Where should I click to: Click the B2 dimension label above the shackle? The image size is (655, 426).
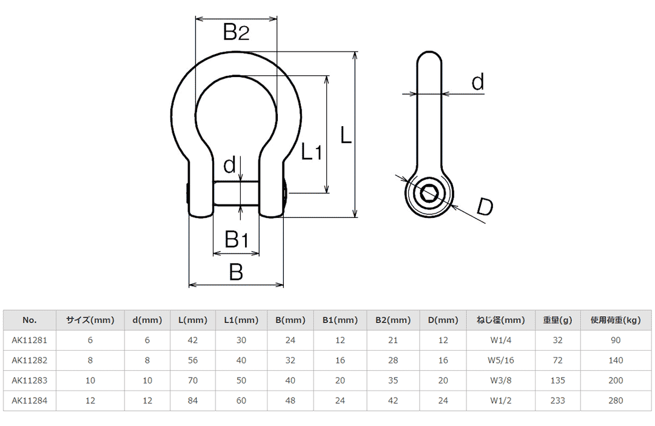click(x=236, y=32)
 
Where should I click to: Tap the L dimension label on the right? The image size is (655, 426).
click(x=345, y=135)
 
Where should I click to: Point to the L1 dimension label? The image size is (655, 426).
click(x=312, y=151)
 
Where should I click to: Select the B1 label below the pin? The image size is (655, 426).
click(x=237, y=240)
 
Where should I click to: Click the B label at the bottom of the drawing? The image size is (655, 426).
click(x=236, y=272)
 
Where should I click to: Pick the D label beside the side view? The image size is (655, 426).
click(x=484, y=207)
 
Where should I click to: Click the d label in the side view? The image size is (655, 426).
click(x=478, y=82)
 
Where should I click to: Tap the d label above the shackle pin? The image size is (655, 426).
click(x=229, y=164)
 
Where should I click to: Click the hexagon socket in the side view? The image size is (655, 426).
click(x=430, y=194)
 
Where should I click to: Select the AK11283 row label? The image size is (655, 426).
click(x=29, y=380)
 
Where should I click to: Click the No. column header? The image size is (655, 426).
click(x=29, y=320)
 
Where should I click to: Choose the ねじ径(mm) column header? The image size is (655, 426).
click(x=497, y=320)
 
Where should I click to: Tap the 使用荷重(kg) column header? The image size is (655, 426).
click(x=616, y=320)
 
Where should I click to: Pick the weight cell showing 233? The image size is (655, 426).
click(x=558, y=401)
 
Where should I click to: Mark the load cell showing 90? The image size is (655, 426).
click(x=616, y=340)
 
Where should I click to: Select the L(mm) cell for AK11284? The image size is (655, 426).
click(x=193, y=401)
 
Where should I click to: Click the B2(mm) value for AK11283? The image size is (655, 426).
click(x=393, y=380)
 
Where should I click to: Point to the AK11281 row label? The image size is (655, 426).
click(x=29, y=340)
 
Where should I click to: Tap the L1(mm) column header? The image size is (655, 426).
click(x=241, y=320)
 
